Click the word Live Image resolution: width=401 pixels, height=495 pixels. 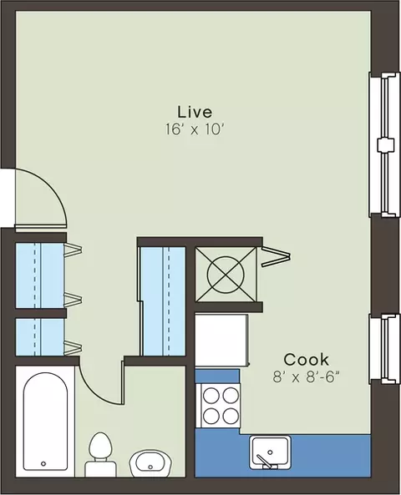(x=195, y=112)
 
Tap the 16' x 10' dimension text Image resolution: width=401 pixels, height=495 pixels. (x=195, y=129)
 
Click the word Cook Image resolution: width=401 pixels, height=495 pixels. (x=306, y=359)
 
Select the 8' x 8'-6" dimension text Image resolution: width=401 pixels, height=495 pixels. (x=306, y=376)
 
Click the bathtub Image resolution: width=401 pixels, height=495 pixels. (x=45, y=422)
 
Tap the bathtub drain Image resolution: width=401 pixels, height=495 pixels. (x=43, y=463)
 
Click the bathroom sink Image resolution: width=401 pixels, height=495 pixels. (x=150, y=463)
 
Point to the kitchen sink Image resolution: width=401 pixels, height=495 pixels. (x=270, y=452)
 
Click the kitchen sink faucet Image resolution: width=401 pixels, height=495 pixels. (x=265, y=462)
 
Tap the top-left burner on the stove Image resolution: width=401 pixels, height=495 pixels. (x=211, y=396)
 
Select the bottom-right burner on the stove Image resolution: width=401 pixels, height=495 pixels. (x=231, y=416)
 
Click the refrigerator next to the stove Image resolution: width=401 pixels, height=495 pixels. (x=221, y=341)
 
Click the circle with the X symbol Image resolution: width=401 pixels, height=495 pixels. (x=226, y=275)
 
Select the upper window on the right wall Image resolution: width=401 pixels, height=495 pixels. (x=383, y=144)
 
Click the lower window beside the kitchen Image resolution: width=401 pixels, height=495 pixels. (x=383, y=349)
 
